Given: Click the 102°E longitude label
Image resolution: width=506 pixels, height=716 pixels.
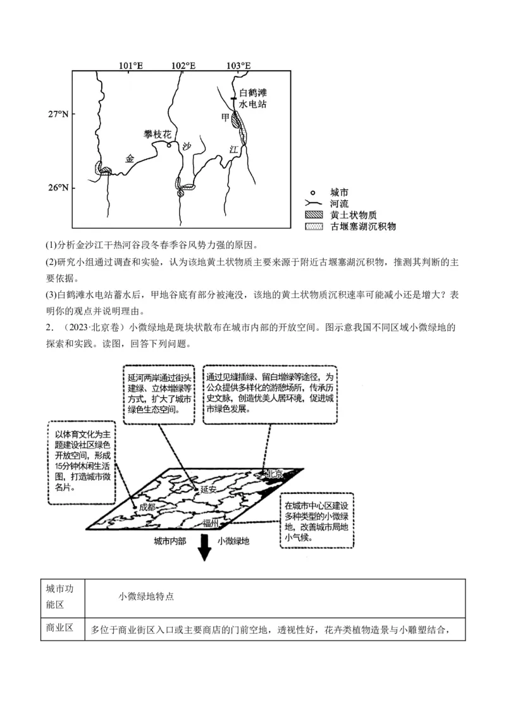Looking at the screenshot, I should click(x=184, y=65).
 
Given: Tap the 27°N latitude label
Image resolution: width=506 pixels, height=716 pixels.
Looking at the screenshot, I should click(x=58, y=114).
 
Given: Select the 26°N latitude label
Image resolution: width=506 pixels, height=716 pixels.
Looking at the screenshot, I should click(x=58, y=188).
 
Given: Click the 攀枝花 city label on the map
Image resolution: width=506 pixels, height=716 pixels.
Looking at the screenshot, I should click(x=157, y=134).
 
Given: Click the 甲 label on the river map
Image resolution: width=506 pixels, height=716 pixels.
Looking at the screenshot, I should click(x=225, y=118).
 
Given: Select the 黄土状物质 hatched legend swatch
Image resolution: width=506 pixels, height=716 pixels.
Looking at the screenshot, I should click(x=313, y=215).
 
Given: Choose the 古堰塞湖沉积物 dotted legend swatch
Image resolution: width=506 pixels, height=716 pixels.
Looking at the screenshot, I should click(x=313, y=226).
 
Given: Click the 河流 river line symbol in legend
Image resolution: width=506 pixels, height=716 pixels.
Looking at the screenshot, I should click(x=313, y=204).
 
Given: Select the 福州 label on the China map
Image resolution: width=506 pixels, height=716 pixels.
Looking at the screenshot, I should click(x=211, y=523).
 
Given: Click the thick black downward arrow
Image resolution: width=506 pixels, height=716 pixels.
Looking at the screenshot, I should click(x=204, y=547).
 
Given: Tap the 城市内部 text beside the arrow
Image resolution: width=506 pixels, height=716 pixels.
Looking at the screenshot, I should click(x=170, y=541).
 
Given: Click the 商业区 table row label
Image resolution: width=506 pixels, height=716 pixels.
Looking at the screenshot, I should click(x=59, y=628).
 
